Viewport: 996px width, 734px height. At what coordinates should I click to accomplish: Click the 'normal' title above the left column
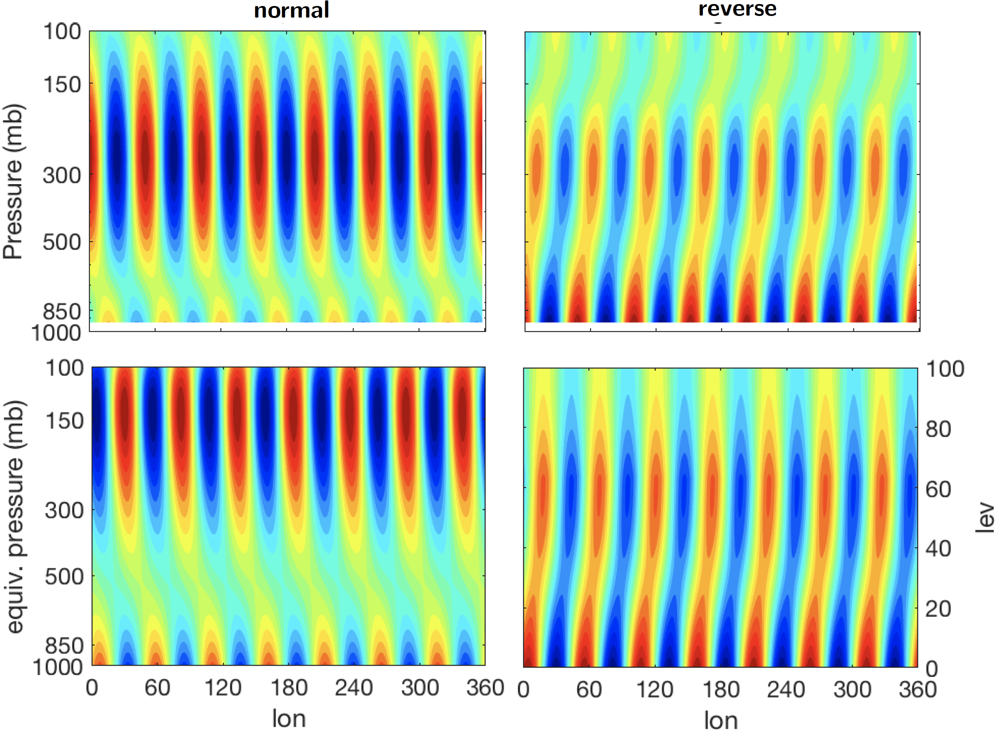click(x=292, y=10)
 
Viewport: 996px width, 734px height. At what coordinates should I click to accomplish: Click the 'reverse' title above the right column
click(x=738, y=8)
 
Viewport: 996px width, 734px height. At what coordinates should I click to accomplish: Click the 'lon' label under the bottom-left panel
click(x=289, y=718)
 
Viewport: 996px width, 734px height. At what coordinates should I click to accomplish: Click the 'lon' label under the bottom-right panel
click(x=720, y=720)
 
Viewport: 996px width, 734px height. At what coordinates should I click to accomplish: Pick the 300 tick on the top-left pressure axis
click(x=62, y=175)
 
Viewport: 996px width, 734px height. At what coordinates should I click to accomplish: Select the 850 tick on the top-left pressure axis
click(x=62, y=311)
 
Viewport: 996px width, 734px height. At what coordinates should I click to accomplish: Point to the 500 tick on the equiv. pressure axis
click(x=64, y=576)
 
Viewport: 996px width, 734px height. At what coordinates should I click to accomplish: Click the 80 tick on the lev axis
click(x=938, y=429)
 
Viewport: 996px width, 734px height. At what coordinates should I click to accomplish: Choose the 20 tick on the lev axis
click(x=938, y=609)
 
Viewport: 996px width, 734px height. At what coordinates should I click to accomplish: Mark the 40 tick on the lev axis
click(x=938, y=549)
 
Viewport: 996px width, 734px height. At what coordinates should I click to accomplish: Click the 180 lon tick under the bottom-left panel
click(x=289, y=688)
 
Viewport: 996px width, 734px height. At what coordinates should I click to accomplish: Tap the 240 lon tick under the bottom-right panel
click(x=786, y=690)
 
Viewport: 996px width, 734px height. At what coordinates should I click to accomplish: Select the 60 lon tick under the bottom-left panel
click(x=157, y=688)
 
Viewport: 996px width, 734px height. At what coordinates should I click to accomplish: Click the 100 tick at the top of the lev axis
click(x=945, y=369)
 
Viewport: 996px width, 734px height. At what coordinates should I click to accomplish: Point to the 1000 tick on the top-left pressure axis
click(x=56, y=333)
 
